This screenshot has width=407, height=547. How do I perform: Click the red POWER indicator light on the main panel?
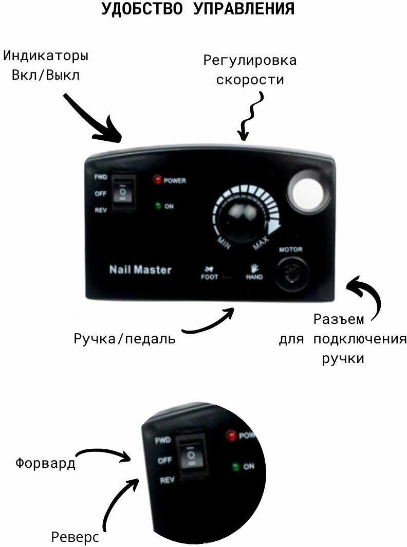(x=157, y=179)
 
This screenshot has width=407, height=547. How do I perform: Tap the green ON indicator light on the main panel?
(x=158, y=206)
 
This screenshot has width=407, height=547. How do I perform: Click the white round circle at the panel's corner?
(x=308, y=193)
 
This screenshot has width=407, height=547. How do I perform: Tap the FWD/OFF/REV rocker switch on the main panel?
(x=122, y=193)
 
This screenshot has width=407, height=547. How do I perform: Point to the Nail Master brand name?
(x=140, y=270)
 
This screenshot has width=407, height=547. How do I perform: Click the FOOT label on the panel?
(x=209, y=277)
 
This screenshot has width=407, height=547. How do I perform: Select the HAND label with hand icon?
(x=254, y=272)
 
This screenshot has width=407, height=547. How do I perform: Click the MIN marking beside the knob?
(x=224, y=243)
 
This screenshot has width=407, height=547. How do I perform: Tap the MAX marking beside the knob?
(x=261, y=243)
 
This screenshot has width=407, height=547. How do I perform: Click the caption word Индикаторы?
(x=46, y=56)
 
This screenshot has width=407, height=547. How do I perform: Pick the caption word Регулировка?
(x=250, y=60)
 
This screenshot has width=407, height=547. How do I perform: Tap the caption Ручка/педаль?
(x=124, y=338)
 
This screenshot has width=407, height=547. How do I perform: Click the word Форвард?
(x=45, y=463)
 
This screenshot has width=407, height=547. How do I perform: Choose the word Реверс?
(x=75, y=537)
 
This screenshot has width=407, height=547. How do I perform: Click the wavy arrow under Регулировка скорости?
(x=250, y=116)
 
